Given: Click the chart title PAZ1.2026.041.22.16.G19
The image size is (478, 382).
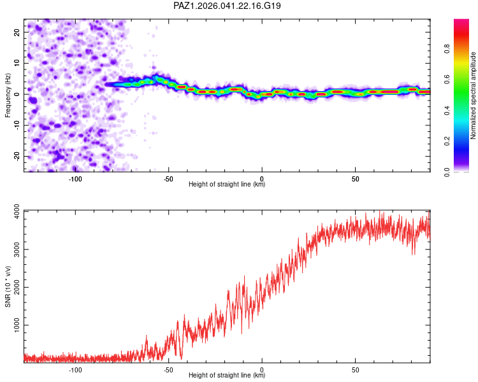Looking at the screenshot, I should coord(228,6).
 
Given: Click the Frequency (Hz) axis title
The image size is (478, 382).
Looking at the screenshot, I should coord(8,95).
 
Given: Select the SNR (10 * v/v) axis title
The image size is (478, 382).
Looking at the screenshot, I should coord(8,286).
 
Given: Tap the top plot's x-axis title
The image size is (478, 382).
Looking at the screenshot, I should coord(227,185).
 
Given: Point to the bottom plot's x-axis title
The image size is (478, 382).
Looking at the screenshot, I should coord(227,376).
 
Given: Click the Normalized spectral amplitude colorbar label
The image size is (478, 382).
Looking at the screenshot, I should coord(474,95).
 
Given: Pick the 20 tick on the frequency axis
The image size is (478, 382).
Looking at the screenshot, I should coord(17,32).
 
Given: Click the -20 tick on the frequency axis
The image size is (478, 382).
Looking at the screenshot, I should coord(17,157).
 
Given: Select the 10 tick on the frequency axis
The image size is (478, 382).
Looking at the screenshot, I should coord(17,63).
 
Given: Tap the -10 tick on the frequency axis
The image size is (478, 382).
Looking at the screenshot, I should coord(17,125).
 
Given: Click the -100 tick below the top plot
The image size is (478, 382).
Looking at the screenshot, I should coord(75,178).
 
